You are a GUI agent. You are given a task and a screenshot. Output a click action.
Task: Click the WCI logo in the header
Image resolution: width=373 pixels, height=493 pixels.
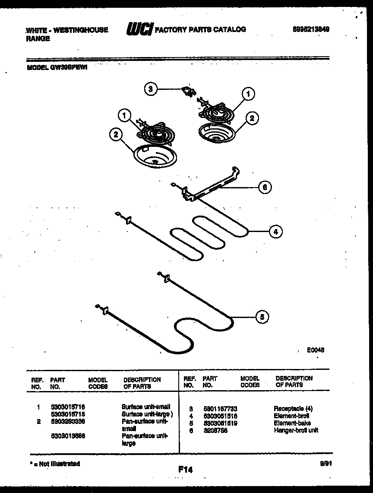pyautogui.click(x=139, y=30)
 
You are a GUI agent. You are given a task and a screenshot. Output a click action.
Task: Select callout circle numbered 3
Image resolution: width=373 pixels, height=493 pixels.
pyautogui.click(x=150, y=89)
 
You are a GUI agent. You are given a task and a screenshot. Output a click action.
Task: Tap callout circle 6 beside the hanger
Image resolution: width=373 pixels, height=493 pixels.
pyautogui.click(x=265, y=187)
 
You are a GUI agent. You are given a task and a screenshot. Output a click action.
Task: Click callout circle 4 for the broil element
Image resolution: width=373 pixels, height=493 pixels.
pyautogui.click(x=275, y=232)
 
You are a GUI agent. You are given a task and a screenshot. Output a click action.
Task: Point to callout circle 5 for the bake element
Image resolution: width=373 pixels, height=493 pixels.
pyautogui.click(x=261, y=317)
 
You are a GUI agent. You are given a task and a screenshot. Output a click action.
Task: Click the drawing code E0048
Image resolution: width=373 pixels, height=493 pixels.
pyautogui.click(x=316, y=350)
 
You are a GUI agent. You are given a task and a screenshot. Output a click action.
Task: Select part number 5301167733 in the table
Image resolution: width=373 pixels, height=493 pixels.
pyautogui.click(x=220, y=409)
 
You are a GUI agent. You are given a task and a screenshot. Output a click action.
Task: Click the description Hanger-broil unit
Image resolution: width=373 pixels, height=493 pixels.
pyautogui.click(x=296, y=430)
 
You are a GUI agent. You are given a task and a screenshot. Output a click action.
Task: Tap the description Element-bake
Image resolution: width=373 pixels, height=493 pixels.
pyautogui.click(x=292, y=423)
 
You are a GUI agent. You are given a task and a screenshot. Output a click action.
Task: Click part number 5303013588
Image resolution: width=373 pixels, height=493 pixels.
pyautogui.click(x=68, y=436)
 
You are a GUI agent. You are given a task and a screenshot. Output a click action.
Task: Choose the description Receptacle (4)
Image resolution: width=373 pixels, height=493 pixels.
pyautogui.click(x=293, y=408)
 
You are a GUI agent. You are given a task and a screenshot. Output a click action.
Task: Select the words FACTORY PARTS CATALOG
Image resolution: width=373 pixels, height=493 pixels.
pyautogui.click(x=200, y=29)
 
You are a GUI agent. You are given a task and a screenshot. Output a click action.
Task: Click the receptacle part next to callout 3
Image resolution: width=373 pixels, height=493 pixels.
pyautogui.click(x=188, y=91)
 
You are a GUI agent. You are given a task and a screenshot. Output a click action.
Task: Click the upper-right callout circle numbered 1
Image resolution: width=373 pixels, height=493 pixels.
pyautogui.click(x=248, y=93)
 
